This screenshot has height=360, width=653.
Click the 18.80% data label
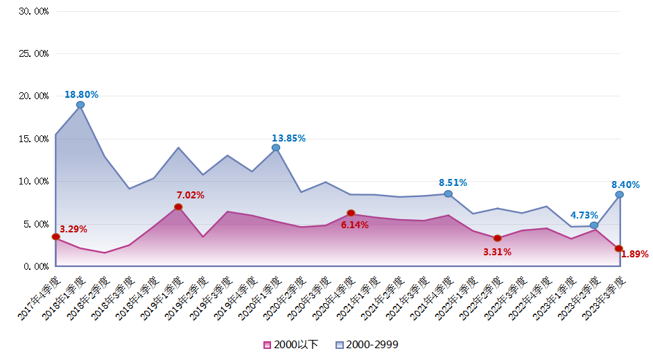coord(81,94)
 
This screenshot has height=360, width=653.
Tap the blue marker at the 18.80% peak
coord(80,105)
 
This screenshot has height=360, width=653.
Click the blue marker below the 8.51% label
coord(448,194)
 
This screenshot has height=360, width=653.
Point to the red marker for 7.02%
coord(178,207)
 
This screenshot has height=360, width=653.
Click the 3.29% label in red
coord(73,229)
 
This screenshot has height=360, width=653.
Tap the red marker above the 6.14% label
coord(351,213)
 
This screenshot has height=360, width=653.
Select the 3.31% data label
coord(497,252)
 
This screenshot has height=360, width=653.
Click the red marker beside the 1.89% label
coord(619,248)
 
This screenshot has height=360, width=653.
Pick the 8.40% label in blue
coord(625,185)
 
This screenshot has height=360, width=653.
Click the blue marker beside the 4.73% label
coord(594,225)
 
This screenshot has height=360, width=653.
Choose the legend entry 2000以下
coord(291,345)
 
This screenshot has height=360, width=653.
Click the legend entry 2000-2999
coord(367,345)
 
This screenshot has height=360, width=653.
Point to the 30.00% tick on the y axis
coord(33,12)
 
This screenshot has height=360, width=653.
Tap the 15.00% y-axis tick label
coord(33,139)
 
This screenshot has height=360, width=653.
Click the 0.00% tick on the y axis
coord(35,266)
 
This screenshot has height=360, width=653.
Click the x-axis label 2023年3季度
coord(604,298)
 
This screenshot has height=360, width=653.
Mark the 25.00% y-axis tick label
coord(33,54)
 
